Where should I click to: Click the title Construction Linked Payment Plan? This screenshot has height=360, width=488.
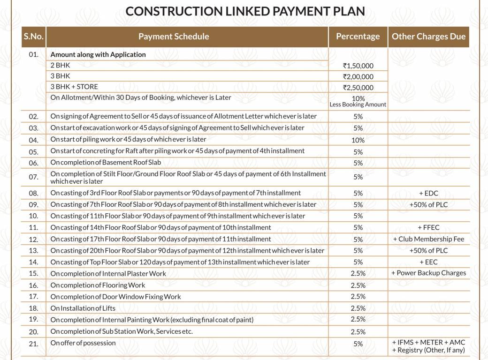[245, 11]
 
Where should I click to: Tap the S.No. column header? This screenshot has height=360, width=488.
[33, 37]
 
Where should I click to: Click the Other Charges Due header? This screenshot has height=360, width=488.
[428, 37]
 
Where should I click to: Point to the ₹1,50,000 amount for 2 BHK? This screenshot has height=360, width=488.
[358, 66]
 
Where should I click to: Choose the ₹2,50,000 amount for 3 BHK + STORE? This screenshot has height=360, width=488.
[358, 88]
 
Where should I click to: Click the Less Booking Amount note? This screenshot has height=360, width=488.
[358, 105]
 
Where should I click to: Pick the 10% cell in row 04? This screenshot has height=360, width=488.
[358, 140]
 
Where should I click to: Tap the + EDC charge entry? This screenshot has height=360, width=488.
[428, 193]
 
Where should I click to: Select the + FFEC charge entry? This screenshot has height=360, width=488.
[428, 227]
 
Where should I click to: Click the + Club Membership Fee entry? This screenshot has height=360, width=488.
[428, 239]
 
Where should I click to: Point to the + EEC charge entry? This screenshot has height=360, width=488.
[428, 262]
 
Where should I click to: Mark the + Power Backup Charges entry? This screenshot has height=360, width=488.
[428, 273]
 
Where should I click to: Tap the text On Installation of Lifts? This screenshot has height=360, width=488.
[83, 308]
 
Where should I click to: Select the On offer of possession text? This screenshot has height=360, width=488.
[83, 343]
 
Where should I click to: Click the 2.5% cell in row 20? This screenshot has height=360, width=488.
[358, 332]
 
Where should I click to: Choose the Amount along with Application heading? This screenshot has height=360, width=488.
[98, 54]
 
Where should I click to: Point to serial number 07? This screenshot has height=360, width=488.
[33, 177]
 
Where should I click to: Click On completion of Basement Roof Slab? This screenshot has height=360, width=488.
[106, 163]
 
